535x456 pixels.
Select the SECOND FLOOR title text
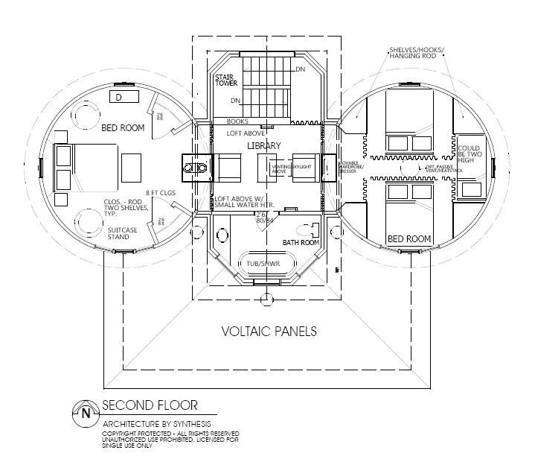[150, 405]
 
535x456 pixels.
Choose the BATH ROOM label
[302, 243]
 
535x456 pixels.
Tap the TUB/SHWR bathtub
[264, 265]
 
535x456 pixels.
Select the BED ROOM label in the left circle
[123, 128]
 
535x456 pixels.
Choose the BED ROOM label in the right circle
[409, 238]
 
